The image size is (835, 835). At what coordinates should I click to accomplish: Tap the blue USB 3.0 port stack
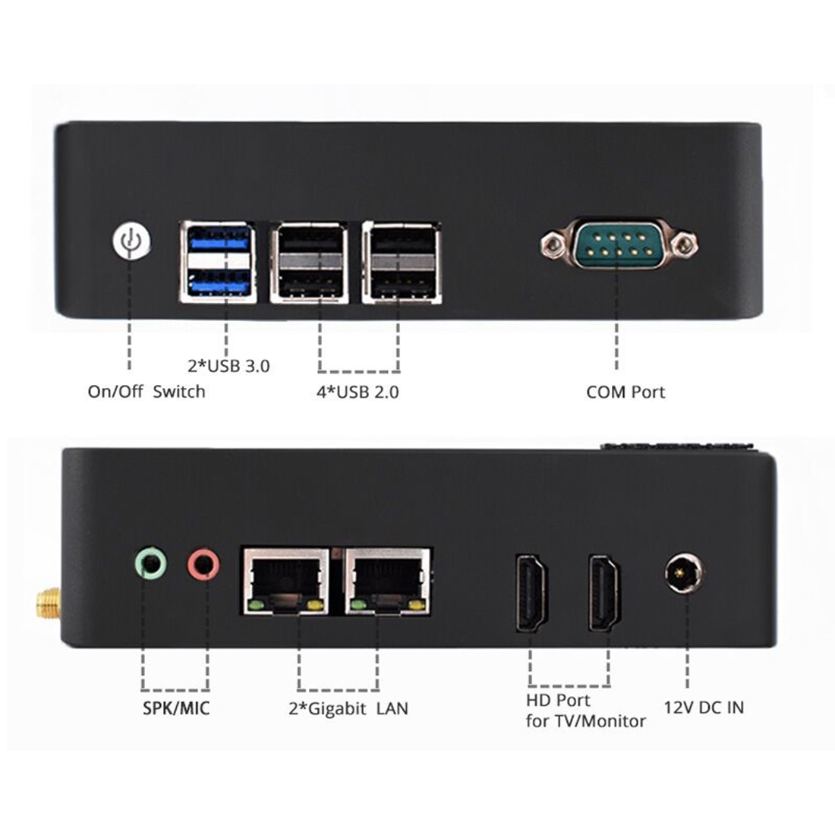(218, 262)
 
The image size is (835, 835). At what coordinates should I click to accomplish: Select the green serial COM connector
(619, 244)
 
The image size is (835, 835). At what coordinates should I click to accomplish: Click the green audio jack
(151, 562)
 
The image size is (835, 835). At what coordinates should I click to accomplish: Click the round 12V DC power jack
(685, 573)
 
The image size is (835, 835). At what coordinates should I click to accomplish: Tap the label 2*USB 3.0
(229, 366)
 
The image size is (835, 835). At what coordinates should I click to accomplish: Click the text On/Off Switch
(147, 392)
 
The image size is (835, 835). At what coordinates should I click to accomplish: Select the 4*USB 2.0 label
(358, 392)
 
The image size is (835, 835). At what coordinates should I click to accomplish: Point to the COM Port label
(625, 392)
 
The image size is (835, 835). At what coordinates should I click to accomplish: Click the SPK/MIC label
(176, 708)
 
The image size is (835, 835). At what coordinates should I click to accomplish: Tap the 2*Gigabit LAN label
(348, 708)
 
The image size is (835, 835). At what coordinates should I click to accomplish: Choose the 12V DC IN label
(704, 707)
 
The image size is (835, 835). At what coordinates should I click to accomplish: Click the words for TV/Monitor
(586, 721)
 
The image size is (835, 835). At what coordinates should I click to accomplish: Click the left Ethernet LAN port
(286, 581)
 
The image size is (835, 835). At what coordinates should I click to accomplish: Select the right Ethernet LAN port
(388, 581)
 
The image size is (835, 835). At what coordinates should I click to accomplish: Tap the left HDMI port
(531, 593)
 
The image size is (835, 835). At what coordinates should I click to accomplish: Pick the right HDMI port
(603, 593)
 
